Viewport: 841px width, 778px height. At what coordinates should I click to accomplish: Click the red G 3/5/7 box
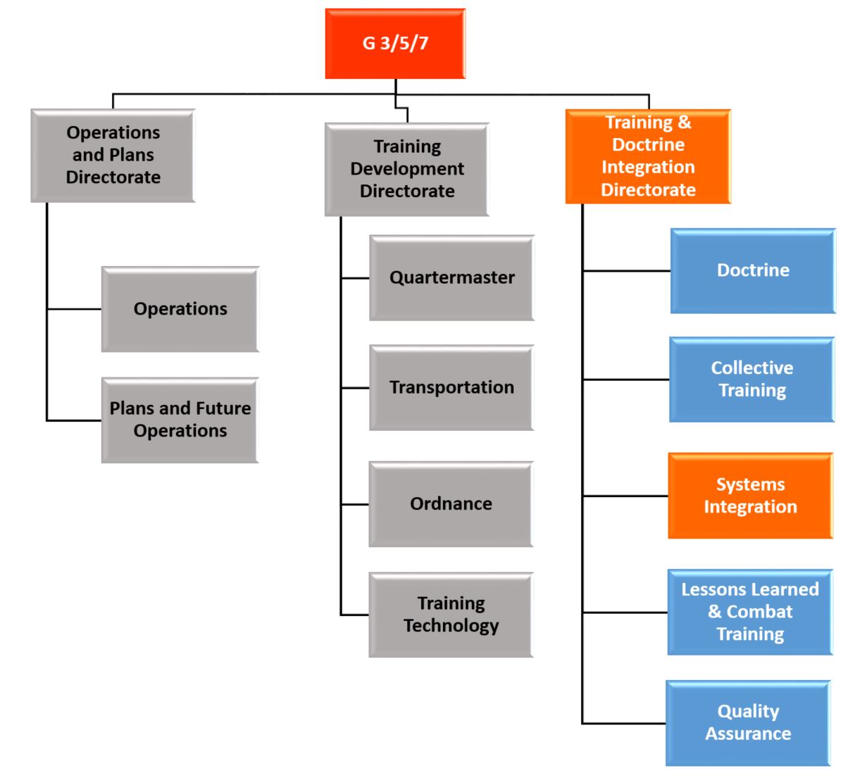pyautogui.click(x=395, y=44)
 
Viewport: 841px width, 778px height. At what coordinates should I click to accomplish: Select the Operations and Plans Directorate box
pyautogui.click(x=113, y=156)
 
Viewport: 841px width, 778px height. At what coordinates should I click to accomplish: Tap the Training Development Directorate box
pyautogui.click(x=406, y=169)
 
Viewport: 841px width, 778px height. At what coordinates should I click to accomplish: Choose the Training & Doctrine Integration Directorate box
pyautogui.click(x=647, y=156)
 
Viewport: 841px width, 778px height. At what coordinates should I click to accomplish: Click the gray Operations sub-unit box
pyautogui.click(x=180, y=309)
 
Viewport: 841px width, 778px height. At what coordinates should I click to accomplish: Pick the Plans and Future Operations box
pyautogui.click(x=180, y=420)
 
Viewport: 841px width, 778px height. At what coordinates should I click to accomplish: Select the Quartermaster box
pyautogui.click(x=451, y=277)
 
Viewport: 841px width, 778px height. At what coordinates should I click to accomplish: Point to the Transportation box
pyautogui.click(x=451, y=387)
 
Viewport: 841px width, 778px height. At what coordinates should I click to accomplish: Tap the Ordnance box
pyautogui.click(x=451, y=504)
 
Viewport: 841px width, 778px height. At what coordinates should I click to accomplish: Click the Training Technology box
pyautogui.click(x=451, y=615)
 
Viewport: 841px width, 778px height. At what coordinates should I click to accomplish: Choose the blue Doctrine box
pyautogui.click(x=752, y=270)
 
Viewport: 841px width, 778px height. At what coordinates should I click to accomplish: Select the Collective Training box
pyautogui.click(x=752, y=379)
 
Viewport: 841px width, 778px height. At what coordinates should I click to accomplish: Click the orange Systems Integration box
pyautogui.click(x=750, y=496)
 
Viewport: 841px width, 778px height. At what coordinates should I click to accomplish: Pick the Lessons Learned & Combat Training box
pyautogui.click(x=750, y=612)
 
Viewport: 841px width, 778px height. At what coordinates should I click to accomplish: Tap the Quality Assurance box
pyautogui.click(x=748, y=722)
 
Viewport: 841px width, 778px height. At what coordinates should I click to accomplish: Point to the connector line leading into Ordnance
pyautogui.click(x=355, y=505)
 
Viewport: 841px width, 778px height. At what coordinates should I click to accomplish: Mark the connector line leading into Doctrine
pyautogui.click(x=626, y=270)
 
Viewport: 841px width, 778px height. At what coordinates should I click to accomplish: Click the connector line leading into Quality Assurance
pyautogui.click(x=624, y=723)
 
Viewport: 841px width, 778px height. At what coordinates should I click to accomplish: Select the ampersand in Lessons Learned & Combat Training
pyautogui.click(x=715, y=612)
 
